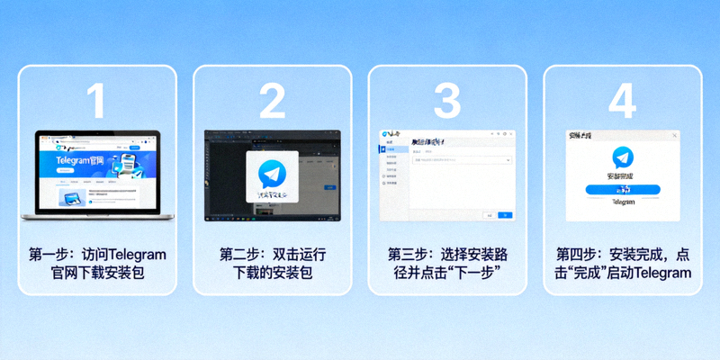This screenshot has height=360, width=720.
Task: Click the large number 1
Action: pyautogui.click(x=97, y=102)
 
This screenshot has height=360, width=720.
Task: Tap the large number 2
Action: pyautogui.click(x=272, y=102)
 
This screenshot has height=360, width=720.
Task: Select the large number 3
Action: pyautogui.click(x=446, y=102)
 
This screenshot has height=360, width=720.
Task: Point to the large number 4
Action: pyautogui.click(x=622, y=102)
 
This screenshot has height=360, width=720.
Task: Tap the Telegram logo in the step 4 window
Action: pyautogui.click(x=622, y=157)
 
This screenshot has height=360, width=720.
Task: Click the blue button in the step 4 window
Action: pyautogui.click(x=622, y=191)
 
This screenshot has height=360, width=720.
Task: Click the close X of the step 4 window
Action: pyautogui.click(x=673, y=135)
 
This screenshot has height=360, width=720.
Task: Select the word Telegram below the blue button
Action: pyautogui.click(x=622, y=204)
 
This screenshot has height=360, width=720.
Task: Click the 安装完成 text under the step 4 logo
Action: pyautogui.click(x=622, y=177)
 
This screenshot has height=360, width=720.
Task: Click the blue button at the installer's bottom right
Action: pyautogui.click(x=505, y=215)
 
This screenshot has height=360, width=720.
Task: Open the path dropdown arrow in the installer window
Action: pyautogui.click(x=508, y=160)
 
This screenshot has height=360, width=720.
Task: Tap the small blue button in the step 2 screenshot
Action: pyautogui.click(x=329, y=187)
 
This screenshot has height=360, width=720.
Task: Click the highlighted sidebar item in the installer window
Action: pyautogui.click(x=391, y=150)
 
